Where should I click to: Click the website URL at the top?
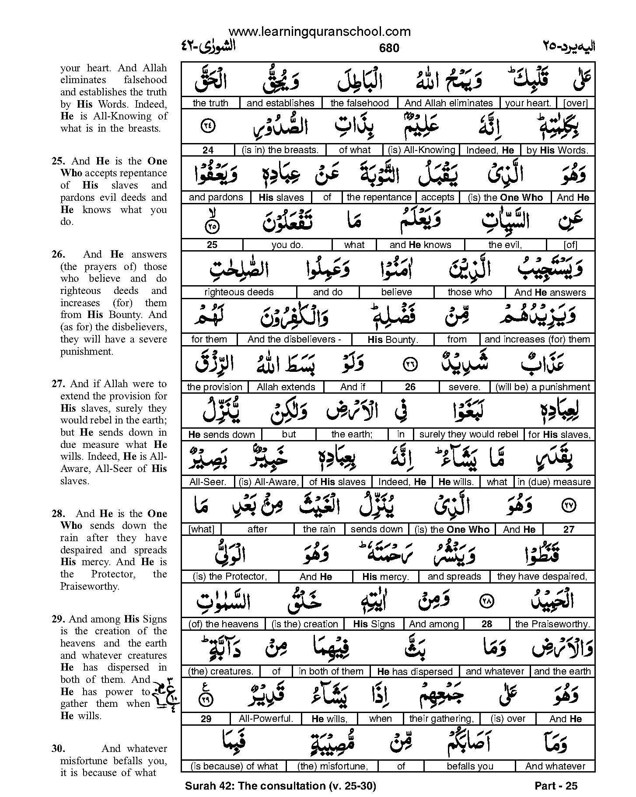pyautogui.click(x=319, y=31)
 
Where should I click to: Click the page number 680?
pyautogui.click(x=389, y=48)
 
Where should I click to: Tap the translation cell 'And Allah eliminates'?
pyautogui.click(x=448, y=103)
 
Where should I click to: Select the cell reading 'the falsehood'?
pyautogui.click(x=359, y=103)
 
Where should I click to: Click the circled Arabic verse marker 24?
pyautogui.click(x=207, y=126)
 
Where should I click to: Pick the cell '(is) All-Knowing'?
pyautogui.click(x=421, y=150)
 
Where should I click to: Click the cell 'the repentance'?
pyautogui.click(x=379, y=198)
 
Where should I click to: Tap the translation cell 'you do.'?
pyautogui.click(x=287, y=245)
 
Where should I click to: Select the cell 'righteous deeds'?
pyautogui.click(x=239, y=292)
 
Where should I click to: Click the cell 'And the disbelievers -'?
pyautogui.click(x=294, y=339)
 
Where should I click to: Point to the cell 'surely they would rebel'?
pyautogui.click(x=468, y=434)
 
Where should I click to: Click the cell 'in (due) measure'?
pyautogui.click(x=554, y=482)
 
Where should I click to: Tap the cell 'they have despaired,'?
pyautogui.click(x=542, y=577)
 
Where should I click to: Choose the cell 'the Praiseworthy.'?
pyautogui.click(x=552, y=624)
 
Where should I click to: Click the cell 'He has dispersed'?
pyautogui.click(x=415, y=671)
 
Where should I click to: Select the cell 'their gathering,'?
pyautogui.click(x=441, y=719)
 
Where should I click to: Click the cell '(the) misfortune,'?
pyautogui.click(x=332, y=766)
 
